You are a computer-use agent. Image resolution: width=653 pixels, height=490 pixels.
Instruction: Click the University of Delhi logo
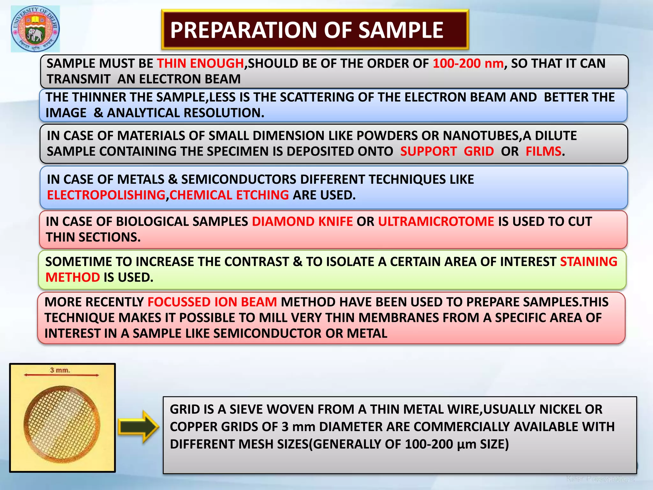(35, 29)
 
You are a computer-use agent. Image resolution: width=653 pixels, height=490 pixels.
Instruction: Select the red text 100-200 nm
(468, 63)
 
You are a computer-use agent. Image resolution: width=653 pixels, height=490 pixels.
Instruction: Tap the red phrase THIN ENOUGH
(201, 63)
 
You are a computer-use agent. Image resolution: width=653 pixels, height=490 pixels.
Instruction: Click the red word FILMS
(543, 152)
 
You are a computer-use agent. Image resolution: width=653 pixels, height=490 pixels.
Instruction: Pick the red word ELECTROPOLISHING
(106, 195)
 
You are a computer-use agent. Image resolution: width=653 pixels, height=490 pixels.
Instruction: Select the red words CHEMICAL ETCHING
(229, 195)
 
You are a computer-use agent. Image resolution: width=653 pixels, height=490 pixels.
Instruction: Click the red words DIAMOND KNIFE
(302, 222)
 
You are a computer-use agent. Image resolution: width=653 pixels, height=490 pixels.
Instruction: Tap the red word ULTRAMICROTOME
(436, 222)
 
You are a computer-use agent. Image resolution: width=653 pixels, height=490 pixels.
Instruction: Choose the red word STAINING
(589, 262)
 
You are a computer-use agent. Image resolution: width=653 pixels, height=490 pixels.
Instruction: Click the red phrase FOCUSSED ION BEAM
(212, 302)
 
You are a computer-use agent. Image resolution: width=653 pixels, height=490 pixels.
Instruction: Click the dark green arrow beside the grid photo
(138, 427)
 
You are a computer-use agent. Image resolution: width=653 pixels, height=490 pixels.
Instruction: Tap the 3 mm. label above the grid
(60, 370)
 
